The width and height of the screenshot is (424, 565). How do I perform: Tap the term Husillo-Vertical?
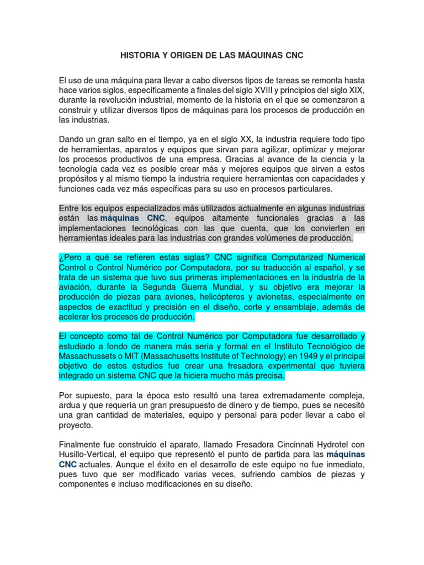tap(87, 455)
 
